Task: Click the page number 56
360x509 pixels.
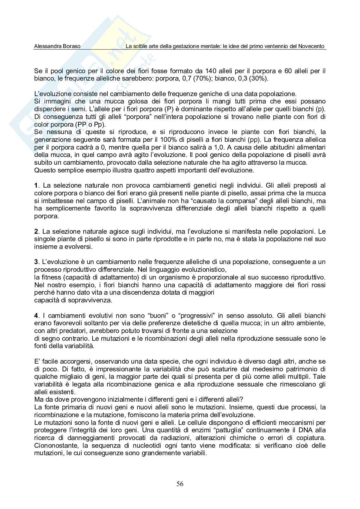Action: (180, 484)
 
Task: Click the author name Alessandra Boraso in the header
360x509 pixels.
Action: (57, 46)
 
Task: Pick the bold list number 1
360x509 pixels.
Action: (36, 185)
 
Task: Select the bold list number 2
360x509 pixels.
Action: (36, 231)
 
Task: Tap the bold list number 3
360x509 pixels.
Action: (36, 262)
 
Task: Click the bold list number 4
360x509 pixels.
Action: (36, 316)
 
